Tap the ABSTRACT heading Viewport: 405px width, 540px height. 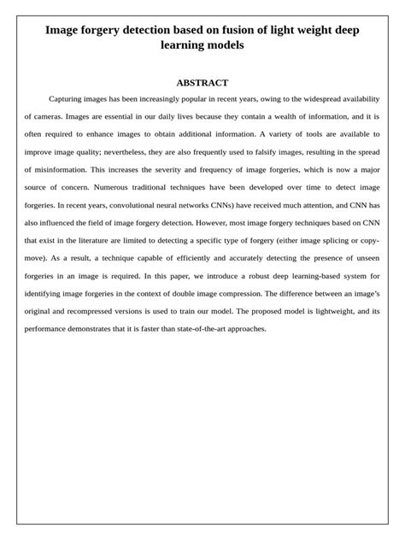point(202,83)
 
